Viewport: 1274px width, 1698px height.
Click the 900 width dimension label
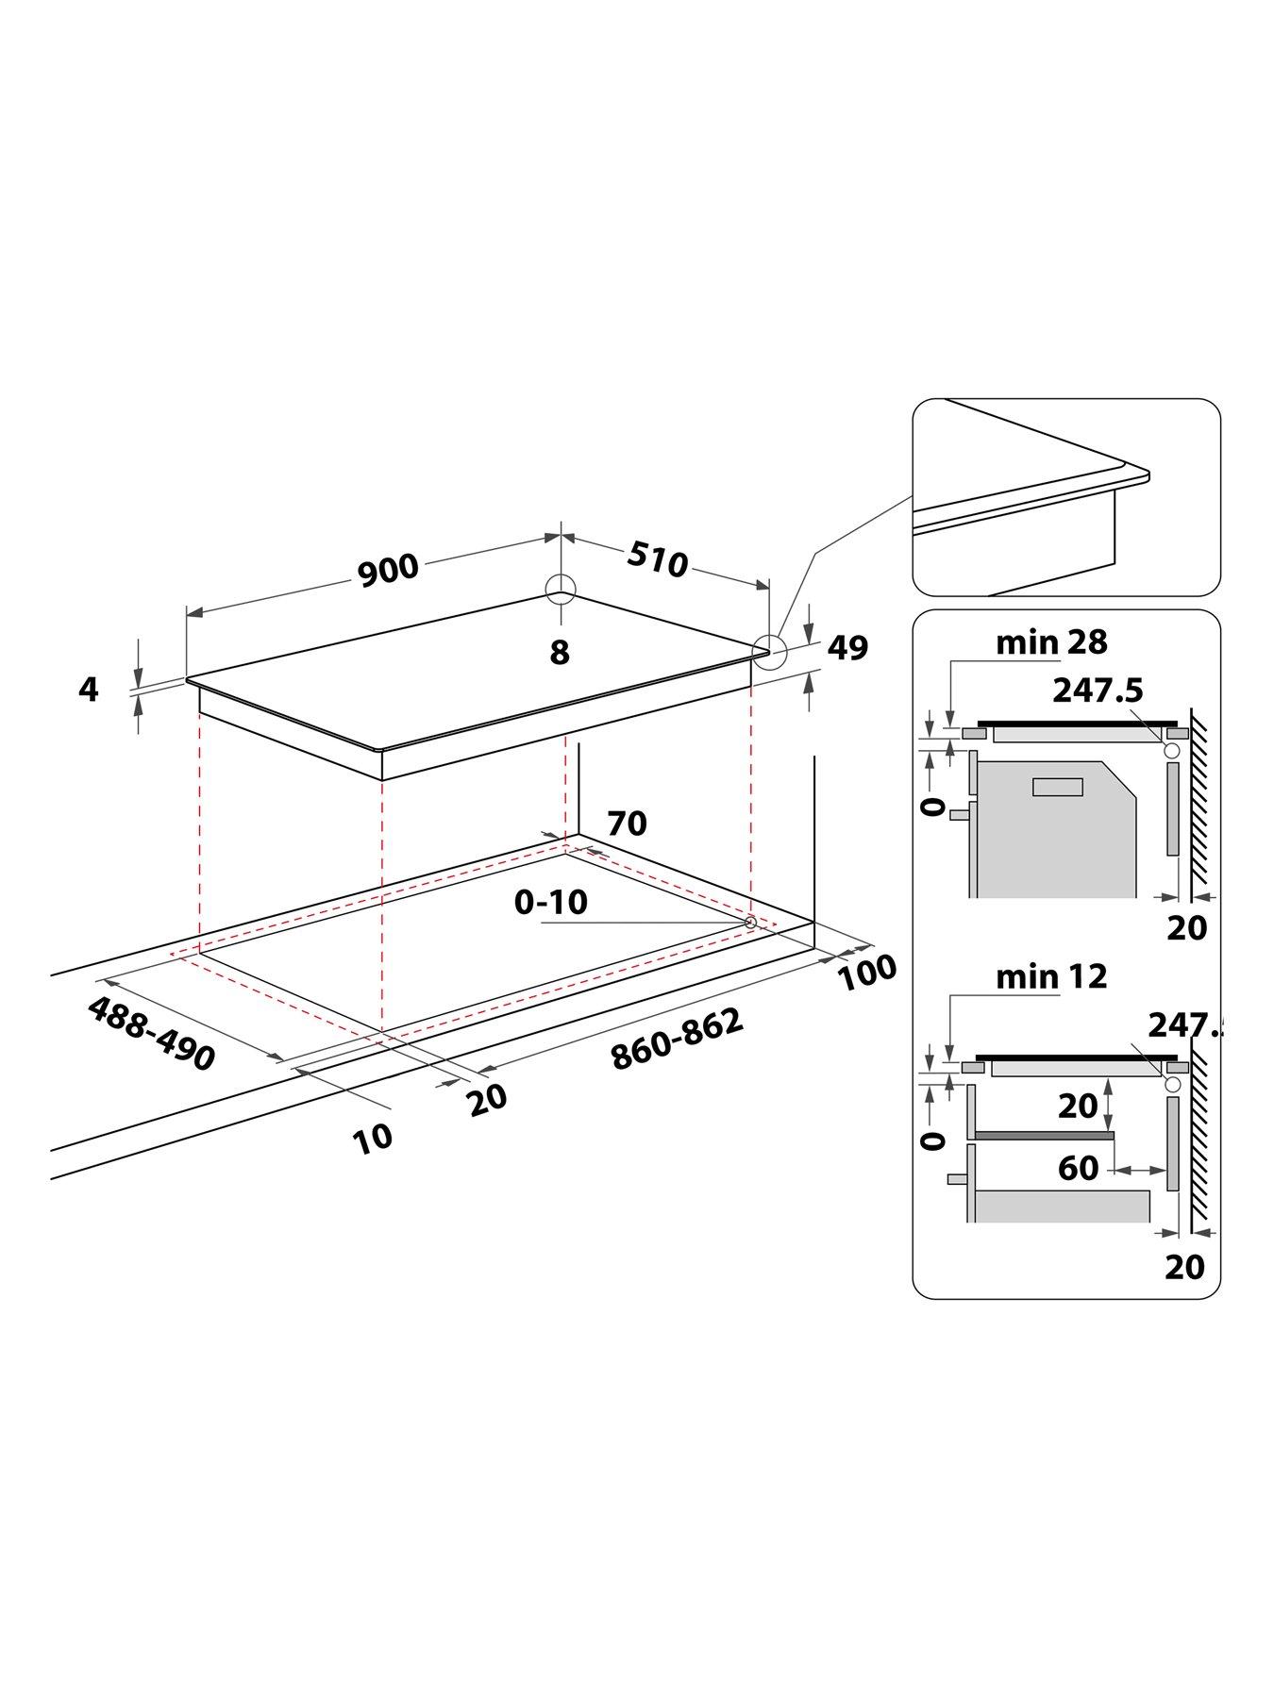click(x=388, y=569)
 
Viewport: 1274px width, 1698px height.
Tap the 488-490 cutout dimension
click(x=152, y=1034)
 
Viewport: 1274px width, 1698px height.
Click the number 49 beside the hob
click(x=847, y=648)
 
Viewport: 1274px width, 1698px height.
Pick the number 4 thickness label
click(x=88, y=690)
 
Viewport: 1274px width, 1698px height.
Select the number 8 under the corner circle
click(x=560, y=652)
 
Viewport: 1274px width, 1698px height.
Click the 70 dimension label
click(x=627, y=824)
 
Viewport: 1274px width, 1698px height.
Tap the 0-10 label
click(x=550, y=903)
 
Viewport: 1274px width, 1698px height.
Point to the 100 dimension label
click(x=867, y=972)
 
